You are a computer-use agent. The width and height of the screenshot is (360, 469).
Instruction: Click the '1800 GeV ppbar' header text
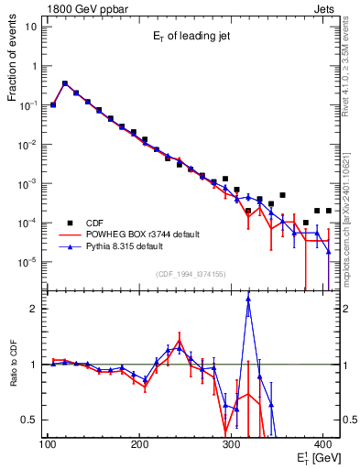tap(82, 7)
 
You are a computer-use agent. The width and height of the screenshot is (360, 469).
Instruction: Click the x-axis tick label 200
tap(139, 445)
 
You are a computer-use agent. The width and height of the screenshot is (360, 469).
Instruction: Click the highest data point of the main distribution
tap(65, 82)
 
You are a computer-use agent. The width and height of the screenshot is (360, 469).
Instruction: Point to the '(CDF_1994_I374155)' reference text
tap(191, 274)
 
